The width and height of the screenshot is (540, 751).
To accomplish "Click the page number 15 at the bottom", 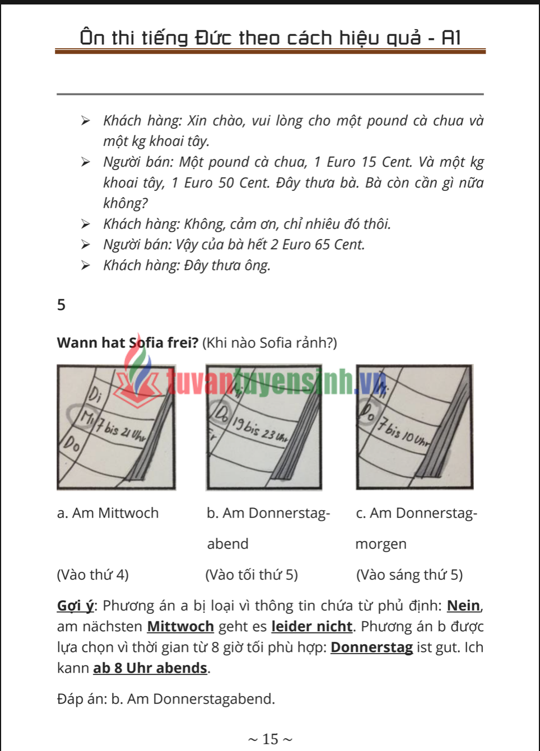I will point(270,739).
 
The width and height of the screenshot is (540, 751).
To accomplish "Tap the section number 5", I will point(61,305).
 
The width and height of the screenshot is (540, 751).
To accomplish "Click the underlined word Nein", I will point(463,606).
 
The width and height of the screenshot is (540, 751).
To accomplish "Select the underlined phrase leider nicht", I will point(311,626).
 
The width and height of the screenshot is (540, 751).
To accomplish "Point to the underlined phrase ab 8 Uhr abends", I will point(150,668).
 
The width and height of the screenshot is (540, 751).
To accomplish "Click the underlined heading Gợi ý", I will point(75,606).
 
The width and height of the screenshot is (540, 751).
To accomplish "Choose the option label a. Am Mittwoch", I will point(108,513).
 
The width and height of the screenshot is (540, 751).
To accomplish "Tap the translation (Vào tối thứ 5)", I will point(252,575).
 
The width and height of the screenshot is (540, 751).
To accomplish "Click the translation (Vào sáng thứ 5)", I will point(409,575).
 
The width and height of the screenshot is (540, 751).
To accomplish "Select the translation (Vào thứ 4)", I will point(92,575).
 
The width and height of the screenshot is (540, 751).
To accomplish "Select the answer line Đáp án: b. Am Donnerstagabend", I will point(166,698).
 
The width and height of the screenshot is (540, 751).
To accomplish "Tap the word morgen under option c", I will point(381,544).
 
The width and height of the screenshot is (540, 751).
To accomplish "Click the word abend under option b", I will point(227,544).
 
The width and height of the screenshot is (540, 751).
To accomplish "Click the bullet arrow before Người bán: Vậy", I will point(85,245).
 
